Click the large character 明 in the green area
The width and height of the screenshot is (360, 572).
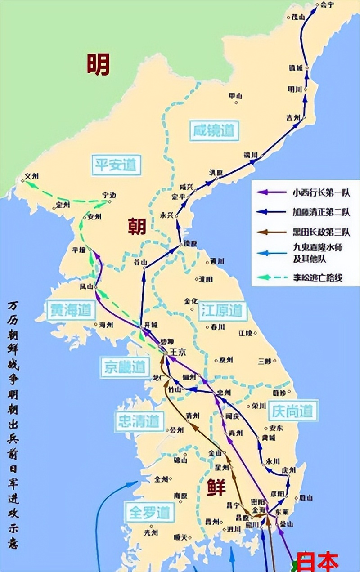point(98,64)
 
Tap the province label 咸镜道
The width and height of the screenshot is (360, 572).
point(214,131)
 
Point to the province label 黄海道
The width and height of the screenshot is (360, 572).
point(72,310)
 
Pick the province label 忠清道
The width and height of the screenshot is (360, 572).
point(139,421)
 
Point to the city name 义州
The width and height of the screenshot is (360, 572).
point(32,177)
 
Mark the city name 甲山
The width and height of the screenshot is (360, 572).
point(235,96)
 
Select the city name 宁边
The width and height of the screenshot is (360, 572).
point(109,195)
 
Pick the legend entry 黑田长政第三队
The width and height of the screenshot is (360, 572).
point(320,232)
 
